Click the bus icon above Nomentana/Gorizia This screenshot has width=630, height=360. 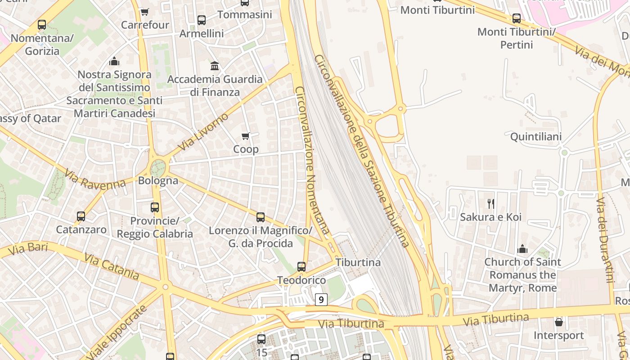click(x=42, y=25)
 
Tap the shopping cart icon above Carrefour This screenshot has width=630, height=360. click(x=144, y=12)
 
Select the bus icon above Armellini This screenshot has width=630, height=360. click(x=201, y=20)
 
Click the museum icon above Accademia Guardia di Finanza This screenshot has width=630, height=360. click(x=215, y=66)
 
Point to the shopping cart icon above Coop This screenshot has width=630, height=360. click(x=246, y=136)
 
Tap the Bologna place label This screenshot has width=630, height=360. click(x=158, y=181)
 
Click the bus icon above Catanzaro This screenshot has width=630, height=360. click(x=81, y=216)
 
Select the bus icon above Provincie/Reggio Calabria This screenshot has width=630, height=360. click(x=155, y=207)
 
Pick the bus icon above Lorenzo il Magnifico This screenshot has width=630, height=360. click(x=260, y=217)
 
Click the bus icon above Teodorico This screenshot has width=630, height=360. click(x=301, y=267)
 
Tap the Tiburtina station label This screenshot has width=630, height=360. click(x=358, y=262)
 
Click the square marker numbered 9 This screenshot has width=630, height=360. click(x=321, y=299)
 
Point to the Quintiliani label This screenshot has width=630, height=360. click(x=536, y=137)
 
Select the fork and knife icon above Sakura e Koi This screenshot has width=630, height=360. click(x=490, y=204)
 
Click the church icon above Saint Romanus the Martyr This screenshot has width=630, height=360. click(x=522, y=248)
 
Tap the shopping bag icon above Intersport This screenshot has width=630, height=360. click(x=558, y=322)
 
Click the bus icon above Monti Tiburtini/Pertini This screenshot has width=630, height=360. click(x=517, y=18)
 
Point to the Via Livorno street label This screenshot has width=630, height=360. click(x=203, y=132)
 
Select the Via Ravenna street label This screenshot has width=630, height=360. click(x=95, y=179)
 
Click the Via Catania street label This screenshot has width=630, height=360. click(x=112, y=266)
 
